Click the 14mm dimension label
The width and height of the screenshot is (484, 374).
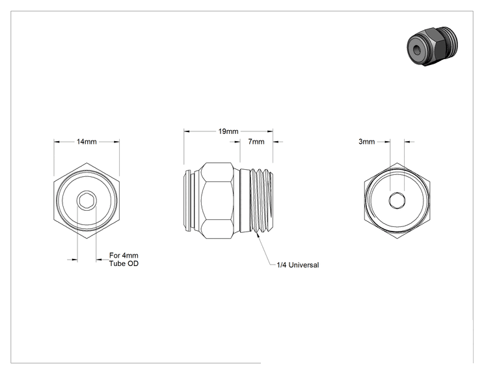(x=87, y=142)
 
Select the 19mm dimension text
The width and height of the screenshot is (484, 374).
(x=228, y=131)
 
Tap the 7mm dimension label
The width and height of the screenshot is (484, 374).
(x=256, y=142)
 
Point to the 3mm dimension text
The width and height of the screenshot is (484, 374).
(x=367, y=142)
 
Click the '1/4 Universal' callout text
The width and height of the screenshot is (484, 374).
(x=297, y=265)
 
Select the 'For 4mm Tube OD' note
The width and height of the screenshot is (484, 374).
(x=124, y=260)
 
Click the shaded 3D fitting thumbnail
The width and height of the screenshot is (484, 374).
(x=432, y=46)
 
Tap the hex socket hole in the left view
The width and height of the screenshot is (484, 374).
(x=87, y=201)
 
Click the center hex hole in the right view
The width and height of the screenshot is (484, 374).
(x=397, y=200)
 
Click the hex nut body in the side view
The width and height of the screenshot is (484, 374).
(x=217, y=200)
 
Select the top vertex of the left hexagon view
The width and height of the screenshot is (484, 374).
(x=87, y=163)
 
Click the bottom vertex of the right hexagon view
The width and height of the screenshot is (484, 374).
(x=397, y=238)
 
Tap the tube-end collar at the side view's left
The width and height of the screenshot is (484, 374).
(x=189, y=200)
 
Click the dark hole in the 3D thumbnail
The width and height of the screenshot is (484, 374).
(x=417, y=49)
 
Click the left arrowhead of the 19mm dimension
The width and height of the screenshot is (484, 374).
(x=187, y=131)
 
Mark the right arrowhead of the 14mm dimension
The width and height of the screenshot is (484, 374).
(x=116, y=142)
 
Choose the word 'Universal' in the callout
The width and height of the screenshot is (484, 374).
(x=303, y=265)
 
